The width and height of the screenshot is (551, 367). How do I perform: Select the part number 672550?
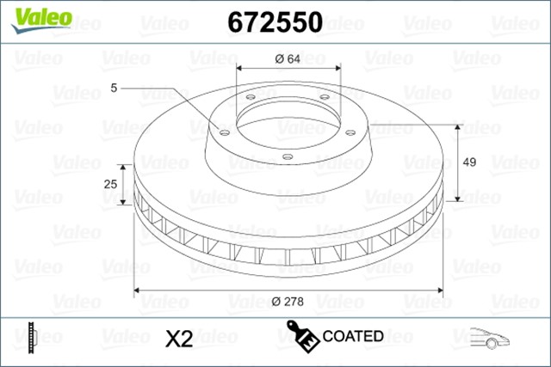click(x=274, y=22)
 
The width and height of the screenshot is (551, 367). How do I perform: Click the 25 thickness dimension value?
click(x=110, y=184)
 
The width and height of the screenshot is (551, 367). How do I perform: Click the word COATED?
click(x=351, y=336)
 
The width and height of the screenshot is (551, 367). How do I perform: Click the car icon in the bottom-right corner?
click(x=492, y=338)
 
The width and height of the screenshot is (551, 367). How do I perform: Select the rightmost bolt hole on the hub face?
click(x=351, y=132)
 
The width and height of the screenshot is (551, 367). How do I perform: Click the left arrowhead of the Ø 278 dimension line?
click(x=139, y=290)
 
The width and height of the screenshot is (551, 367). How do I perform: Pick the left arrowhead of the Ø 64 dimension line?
click(x=240, y=69)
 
